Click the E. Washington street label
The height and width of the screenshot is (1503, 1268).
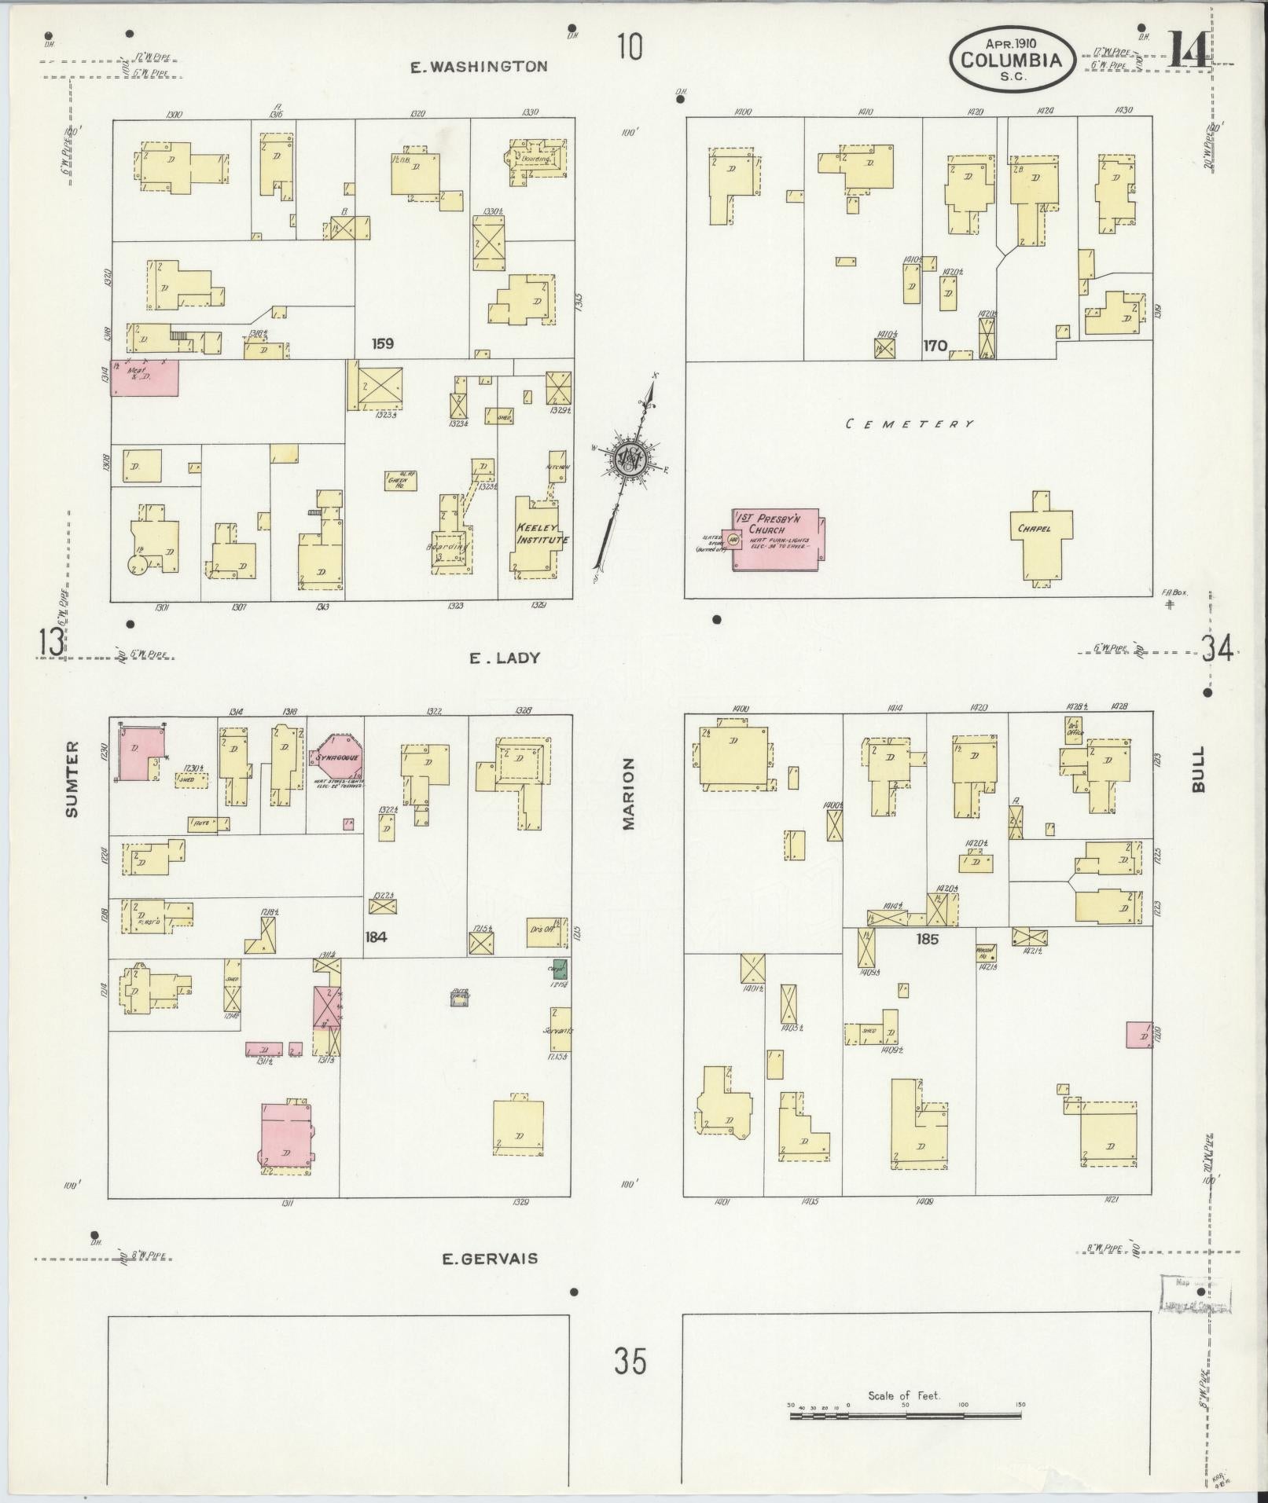(479, 67)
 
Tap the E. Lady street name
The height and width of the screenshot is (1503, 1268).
(505, 658)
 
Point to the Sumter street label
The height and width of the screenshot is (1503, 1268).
(72, 768)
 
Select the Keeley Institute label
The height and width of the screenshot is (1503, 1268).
(542, 534)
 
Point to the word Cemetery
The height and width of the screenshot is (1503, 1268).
(910, 424)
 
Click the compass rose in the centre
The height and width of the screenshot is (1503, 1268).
(629, 459)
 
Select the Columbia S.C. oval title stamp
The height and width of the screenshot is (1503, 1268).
(1011, 58)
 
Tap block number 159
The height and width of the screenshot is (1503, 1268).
(383, 343)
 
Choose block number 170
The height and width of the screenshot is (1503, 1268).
(935, 345)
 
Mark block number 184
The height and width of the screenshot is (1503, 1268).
(377, 937)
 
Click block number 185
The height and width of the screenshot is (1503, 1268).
(928, 938)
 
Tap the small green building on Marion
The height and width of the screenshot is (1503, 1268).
(560, 968)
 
